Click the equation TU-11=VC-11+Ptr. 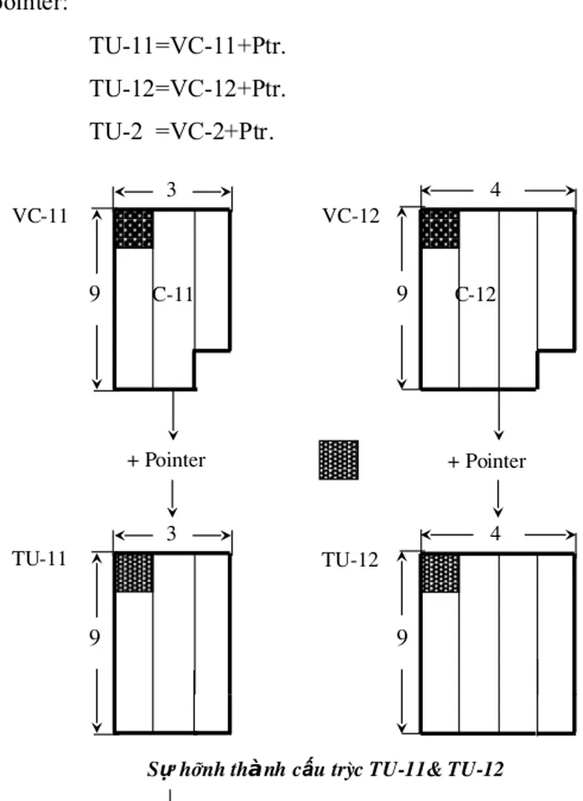click(188, 46)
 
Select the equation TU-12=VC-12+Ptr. click(188, 89)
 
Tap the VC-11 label click(40, 216)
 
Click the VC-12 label click(350, 216)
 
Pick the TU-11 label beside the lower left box click(39, 559)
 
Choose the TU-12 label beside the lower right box click(350, 560)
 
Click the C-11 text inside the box click(173, 294)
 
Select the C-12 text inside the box click(476, 294)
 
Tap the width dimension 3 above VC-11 click(171, 191)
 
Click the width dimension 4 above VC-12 click(496, 191)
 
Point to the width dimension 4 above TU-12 click(496, 534)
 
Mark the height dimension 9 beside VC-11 click(95, 294)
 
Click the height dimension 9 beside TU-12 click(402, 637)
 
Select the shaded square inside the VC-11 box click(133, 229)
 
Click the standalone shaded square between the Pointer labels click(339, 460)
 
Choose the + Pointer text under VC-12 click(487, 461)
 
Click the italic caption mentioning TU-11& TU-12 click(325, 770)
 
